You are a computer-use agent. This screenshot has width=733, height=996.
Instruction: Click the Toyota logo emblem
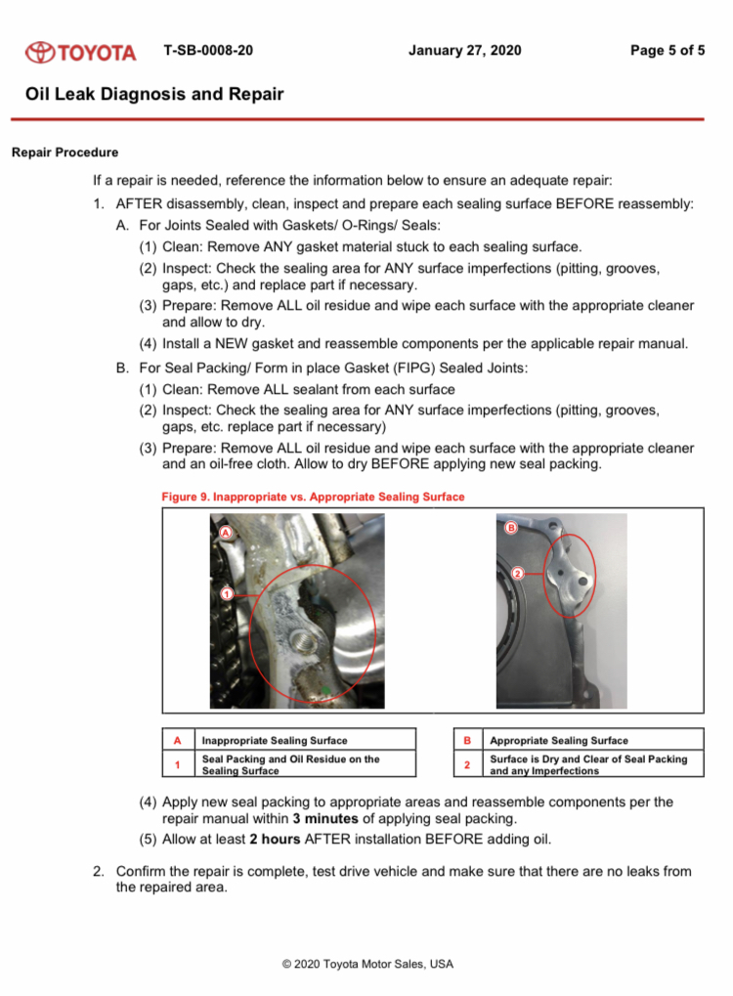[40, 52]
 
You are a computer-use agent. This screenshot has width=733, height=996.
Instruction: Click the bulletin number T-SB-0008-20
[208, 51]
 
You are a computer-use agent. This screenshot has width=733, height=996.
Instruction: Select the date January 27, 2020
[464, 51]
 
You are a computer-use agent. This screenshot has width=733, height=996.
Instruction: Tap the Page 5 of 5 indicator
[668, 51]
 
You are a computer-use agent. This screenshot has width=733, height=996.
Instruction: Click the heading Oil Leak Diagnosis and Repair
[154, 95]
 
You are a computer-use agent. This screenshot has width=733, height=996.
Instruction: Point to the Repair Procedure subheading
[65, 152]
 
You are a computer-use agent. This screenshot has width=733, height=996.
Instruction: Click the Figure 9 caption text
[313, 497]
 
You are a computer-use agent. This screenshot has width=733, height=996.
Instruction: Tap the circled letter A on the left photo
[226, 533]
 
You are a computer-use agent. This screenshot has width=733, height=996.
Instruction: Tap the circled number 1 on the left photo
[226, 592]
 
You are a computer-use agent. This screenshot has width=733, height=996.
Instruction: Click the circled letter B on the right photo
[510, 528]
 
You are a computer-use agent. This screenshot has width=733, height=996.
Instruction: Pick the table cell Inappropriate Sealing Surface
[275, 740]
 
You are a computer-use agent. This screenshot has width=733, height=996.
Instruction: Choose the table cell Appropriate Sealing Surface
[559, 740]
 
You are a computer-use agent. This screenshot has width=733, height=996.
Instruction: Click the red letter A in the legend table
[177, 740]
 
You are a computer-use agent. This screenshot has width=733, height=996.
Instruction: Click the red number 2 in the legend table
[468, 764]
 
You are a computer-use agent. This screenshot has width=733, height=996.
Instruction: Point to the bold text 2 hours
[275, 839]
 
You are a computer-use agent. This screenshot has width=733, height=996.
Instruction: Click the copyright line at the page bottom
[367, 964]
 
